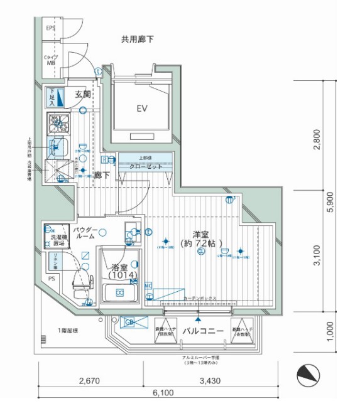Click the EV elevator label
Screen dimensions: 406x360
point(142,109)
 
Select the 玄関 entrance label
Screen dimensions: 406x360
point(83,94)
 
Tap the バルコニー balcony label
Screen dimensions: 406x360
point(203,331)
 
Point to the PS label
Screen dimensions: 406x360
point(52,279)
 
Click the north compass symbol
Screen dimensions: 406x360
point(308,377)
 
